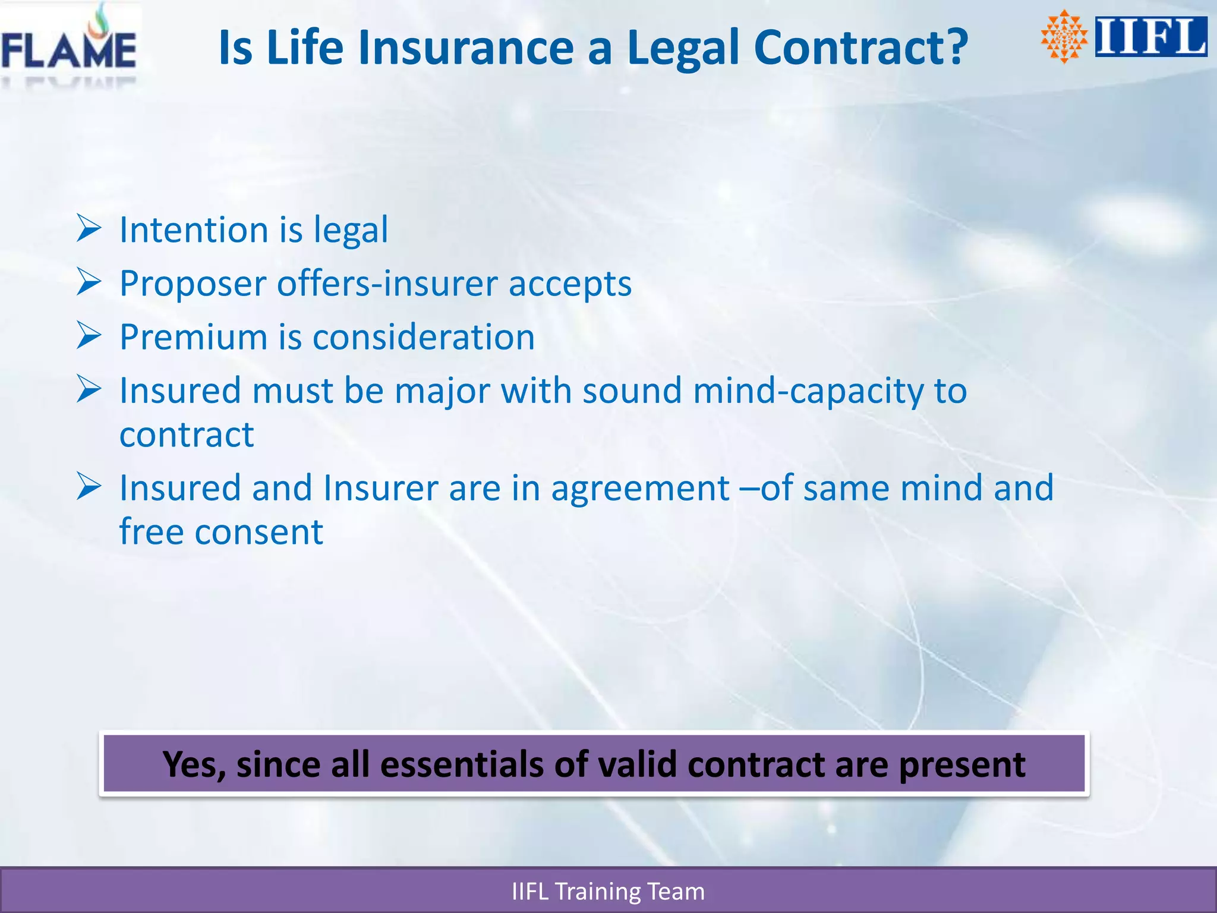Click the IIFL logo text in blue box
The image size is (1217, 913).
pyautogui.click(x=1150, y=37)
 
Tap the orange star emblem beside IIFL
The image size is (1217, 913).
pyautogui.click(x=1064, y=37)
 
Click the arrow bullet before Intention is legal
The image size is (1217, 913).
pyautogui.click(x=89, y=229)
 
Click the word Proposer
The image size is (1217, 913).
pyautogui.click(x=193, y=284)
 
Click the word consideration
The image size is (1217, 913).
pyautogui.click(x=423, y=338)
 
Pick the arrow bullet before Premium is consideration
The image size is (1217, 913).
pyautogui.click(x=89, y=336)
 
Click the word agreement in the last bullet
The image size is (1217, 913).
pyautogui.click(x=640, y=489)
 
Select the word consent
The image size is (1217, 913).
pyautogui.click(x=258, y=532)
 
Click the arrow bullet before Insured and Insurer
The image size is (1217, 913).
pyautogui.click(x=89, y=487)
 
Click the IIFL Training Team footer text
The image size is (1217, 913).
pyautogui.click(x=608, y=892)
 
